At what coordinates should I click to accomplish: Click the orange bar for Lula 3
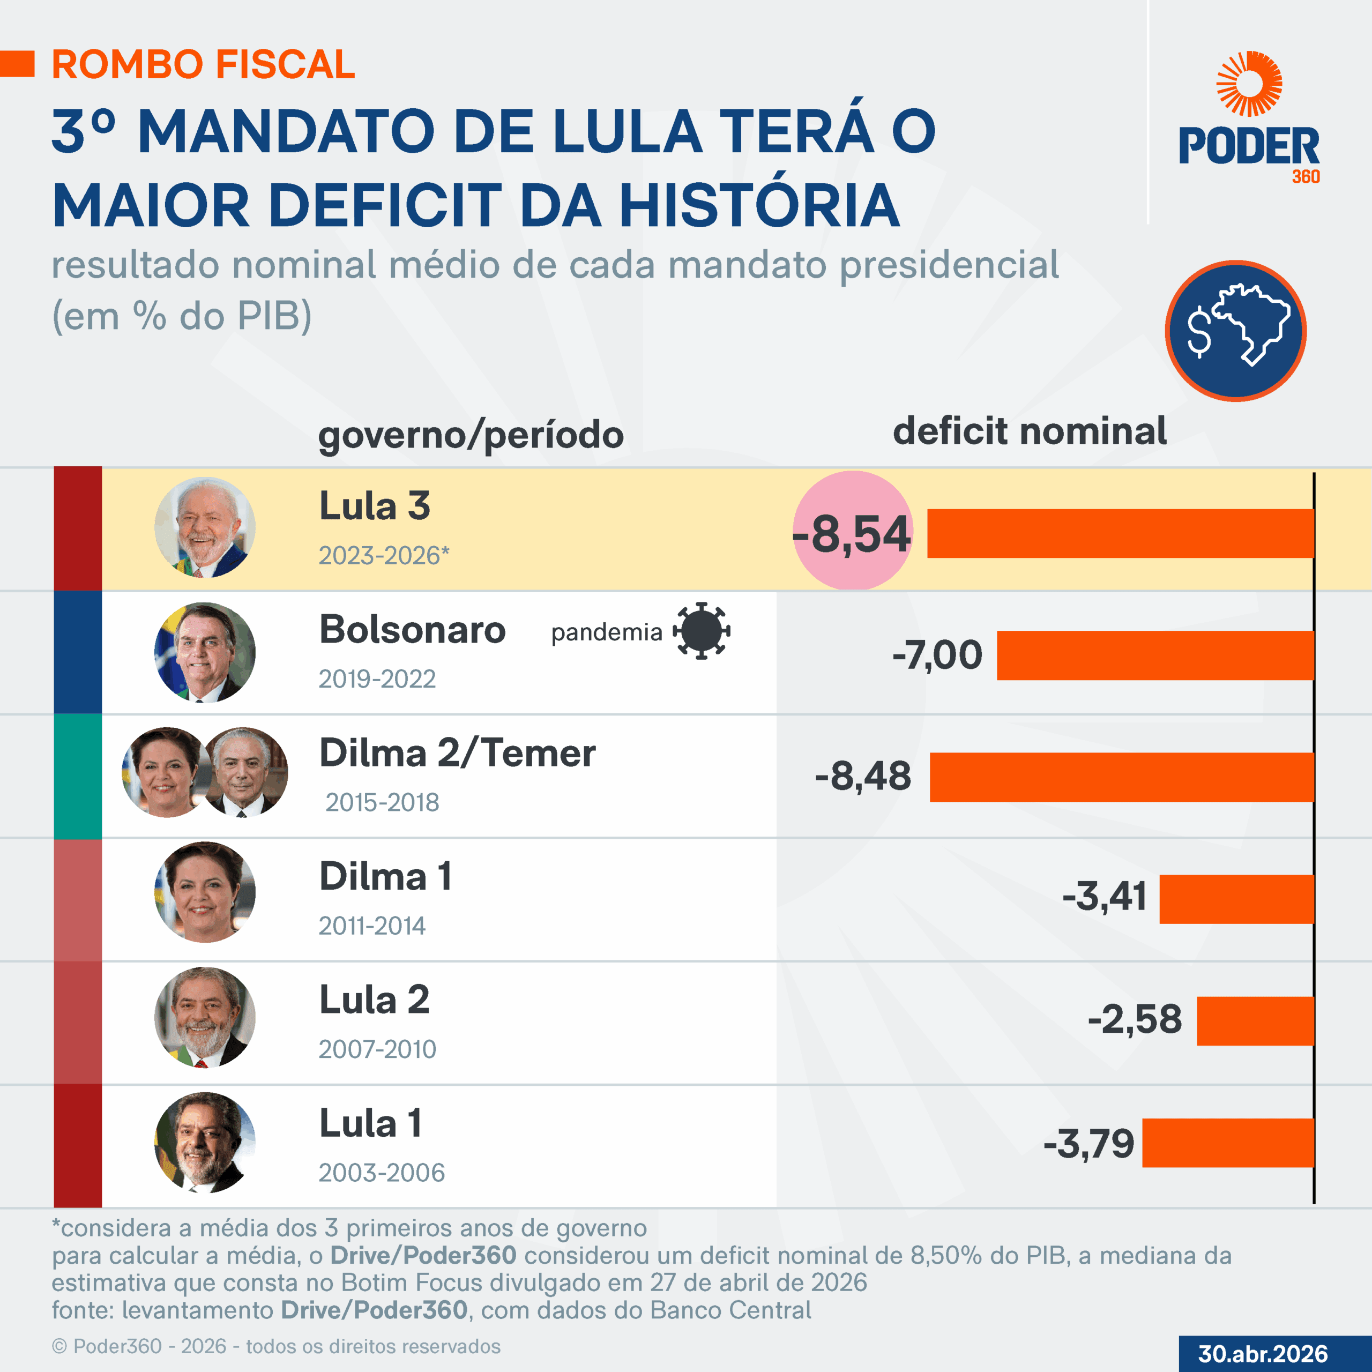(x=1121, y=533)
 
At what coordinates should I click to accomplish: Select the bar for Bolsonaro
(x=1155, y=655)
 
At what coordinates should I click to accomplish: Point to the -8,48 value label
(x=863, y=776)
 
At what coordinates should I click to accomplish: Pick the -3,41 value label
(x=1104, y=896)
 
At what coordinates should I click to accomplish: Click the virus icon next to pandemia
(x=701, y=631)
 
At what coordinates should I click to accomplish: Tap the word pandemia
(x=607, y=632)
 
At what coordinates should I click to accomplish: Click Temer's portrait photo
(x=245, y=772)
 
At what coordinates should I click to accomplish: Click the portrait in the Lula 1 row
(x=205, y=1143)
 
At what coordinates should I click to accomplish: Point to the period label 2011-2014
(x=371, y=926)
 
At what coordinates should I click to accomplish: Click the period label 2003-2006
(x=382, y=1173)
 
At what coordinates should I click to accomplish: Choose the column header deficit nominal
(x=1029, y=431)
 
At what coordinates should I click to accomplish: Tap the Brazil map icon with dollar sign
(x=1236, y=331)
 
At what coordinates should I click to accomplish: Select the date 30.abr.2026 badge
(x=1263, y=1354)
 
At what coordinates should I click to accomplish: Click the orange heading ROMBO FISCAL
(x=203, y=65)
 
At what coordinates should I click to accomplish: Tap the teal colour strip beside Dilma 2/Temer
(x=77, y=776)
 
